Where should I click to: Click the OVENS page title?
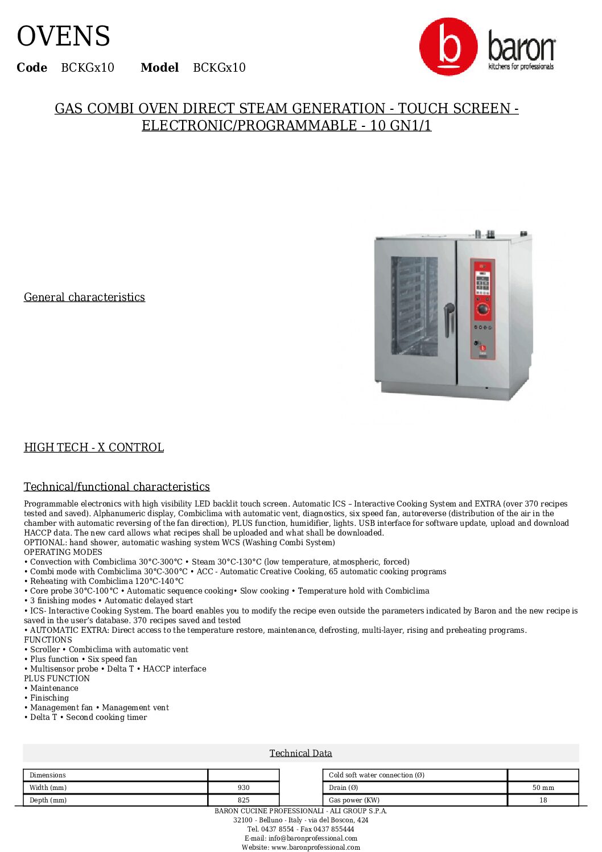(63, 36)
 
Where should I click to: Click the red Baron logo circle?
(448, 46)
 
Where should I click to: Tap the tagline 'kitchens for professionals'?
(521, 67)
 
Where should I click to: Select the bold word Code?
(32, 68)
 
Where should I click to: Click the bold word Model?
(159, 68)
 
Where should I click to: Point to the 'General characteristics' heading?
(84, 297)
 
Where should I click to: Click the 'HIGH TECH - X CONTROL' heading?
(94, 447)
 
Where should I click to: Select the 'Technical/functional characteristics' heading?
(117, 487)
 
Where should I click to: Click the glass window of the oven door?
(414, 306)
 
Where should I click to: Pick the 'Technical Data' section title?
(300, 753)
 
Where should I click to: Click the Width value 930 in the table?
(244, 788)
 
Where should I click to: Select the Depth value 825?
(244, 800)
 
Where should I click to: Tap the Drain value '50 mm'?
(543, 788)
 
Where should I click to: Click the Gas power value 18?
(543, 800)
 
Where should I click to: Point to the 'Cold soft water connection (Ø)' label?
(377, 775)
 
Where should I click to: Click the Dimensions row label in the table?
(48, 775)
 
